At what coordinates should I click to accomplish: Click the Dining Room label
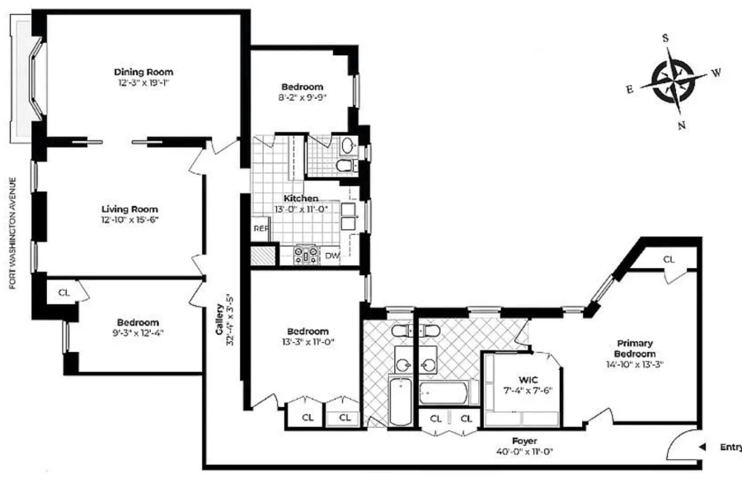pyautogui.click(x=143, y=72)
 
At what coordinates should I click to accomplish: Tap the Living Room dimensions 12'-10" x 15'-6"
pyautogui.click(x=129, y=220)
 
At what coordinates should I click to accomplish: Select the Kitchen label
pyautogui.click(x=301, y=198)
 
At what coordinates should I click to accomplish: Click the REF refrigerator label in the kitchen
pyautogui.click(x=261, y=228)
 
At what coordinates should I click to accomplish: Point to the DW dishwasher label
pyautogui.click(x=333, y=256)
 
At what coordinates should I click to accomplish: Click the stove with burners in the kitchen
pyautogui.click(x=307, y=256)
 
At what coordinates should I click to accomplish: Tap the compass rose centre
pyautogui.click(x=673, y=80)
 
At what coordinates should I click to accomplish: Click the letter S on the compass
pyautogui.click(x=665, y=38)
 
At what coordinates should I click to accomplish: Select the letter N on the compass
pyautogui.click(x=682, y=125)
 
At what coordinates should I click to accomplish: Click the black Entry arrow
pyautogui.click(x=702, y=447)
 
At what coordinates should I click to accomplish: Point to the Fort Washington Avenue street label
pyautogui.click(x=12, y=233)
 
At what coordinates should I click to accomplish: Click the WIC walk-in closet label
pyautogui.click(x=528, y=380)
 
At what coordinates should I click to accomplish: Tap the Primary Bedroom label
pyautogui.click(x=635, y=349)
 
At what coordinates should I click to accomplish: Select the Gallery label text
pyautogui.click(x=219, y=319)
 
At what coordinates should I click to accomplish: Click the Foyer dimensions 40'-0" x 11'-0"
pyautogui.click(x=524, y=452)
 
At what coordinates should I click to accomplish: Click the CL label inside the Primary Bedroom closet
pyautogui.click(x=669, y=260)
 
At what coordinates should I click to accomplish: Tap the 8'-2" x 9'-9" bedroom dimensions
pyautogui.click(x=303, y=98)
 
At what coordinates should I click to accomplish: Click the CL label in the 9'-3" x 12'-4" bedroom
pyautogui.click(x=63, y=293)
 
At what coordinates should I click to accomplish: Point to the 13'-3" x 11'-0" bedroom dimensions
pyautogui.click(x=308, y=342)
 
